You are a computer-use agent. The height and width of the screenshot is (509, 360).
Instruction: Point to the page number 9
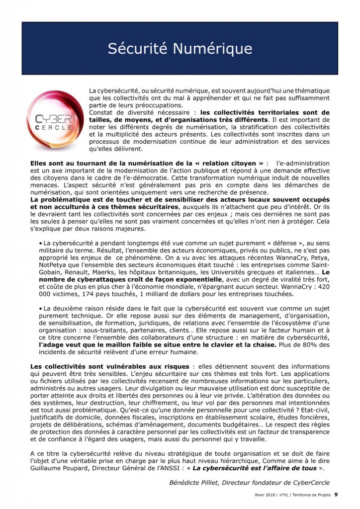pos(336,495)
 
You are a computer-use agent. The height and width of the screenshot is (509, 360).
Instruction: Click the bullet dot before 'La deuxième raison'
pos(40,309)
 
